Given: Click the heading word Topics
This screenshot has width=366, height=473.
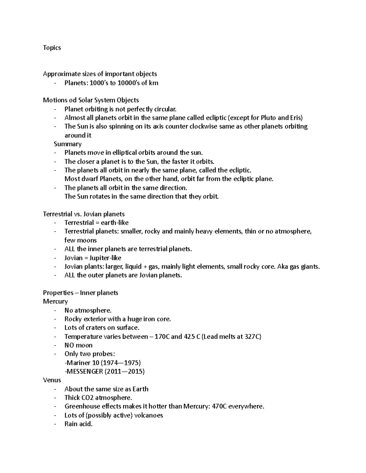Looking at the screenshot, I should point(52,48).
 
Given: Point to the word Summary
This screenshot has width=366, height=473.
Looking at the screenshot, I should point(67,144).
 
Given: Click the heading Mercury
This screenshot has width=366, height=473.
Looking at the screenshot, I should point(55,302).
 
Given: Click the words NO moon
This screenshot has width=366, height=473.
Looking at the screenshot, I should point(78,345).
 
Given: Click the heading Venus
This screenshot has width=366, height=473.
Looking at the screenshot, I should point(52,380).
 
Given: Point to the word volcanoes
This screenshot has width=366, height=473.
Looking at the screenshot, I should point(149,415).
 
